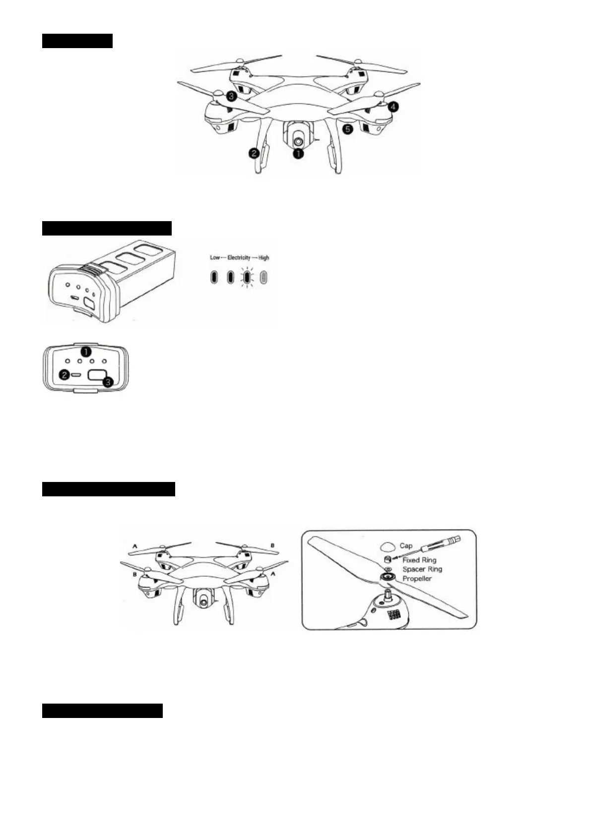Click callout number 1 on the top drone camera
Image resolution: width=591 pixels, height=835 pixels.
(298, 154)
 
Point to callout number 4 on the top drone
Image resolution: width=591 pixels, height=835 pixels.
(393, 106)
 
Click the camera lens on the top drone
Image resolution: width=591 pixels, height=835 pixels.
(298, 141)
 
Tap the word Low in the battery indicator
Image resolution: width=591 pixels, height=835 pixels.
(215, 258)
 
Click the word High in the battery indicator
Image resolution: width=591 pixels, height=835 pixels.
(263, 258)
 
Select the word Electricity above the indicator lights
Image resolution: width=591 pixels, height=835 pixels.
(239, 258)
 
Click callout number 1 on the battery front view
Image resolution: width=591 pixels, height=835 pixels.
(86, 352)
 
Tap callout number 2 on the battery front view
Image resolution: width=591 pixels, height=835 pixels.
(65, 375)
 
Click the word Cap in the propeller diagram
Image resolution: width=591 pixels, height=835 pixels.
(406, 545)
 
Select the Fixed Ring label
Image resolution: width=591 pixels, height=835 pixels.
(419, 560)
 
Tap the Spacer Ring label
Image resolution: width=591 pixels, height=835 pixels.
(422, 569)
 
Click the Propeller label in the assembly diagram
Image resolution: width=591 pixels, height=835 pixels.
(417, 579)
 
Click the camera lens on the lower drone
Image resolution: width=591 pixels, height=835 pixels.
(204, 601)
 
